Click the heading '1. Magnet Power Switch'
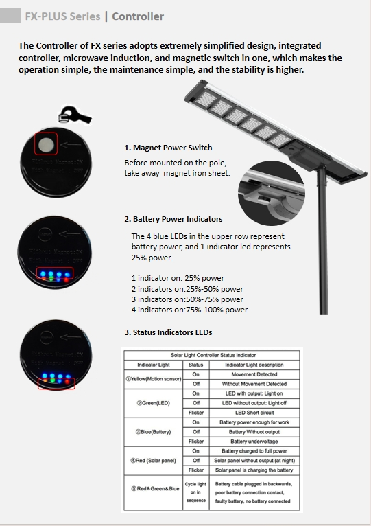(x=168, y=148)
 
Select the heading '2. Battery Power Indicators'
(x=173, y=219)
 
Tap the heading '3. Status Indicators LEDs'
(x=168, y=332)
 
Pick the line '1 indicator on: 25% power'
(x=178, y=278)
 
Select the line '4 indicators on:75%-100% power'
(x=189, y=310)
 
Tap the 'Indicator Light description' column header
(x=254, y=364)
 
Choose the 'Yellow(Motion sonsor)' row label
(x=154, y=378)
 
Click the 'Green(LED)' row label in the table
(x=154, y=402)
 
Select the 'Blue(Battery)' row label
(x=154, y=431)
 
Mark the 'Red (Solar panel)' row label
(x=154, y=460)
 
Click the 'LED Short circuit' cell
(x=254, y=412)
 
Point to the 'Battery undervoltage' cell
(x=254, y=441)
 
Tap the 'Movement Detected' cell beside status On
(x=254, y=374)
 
